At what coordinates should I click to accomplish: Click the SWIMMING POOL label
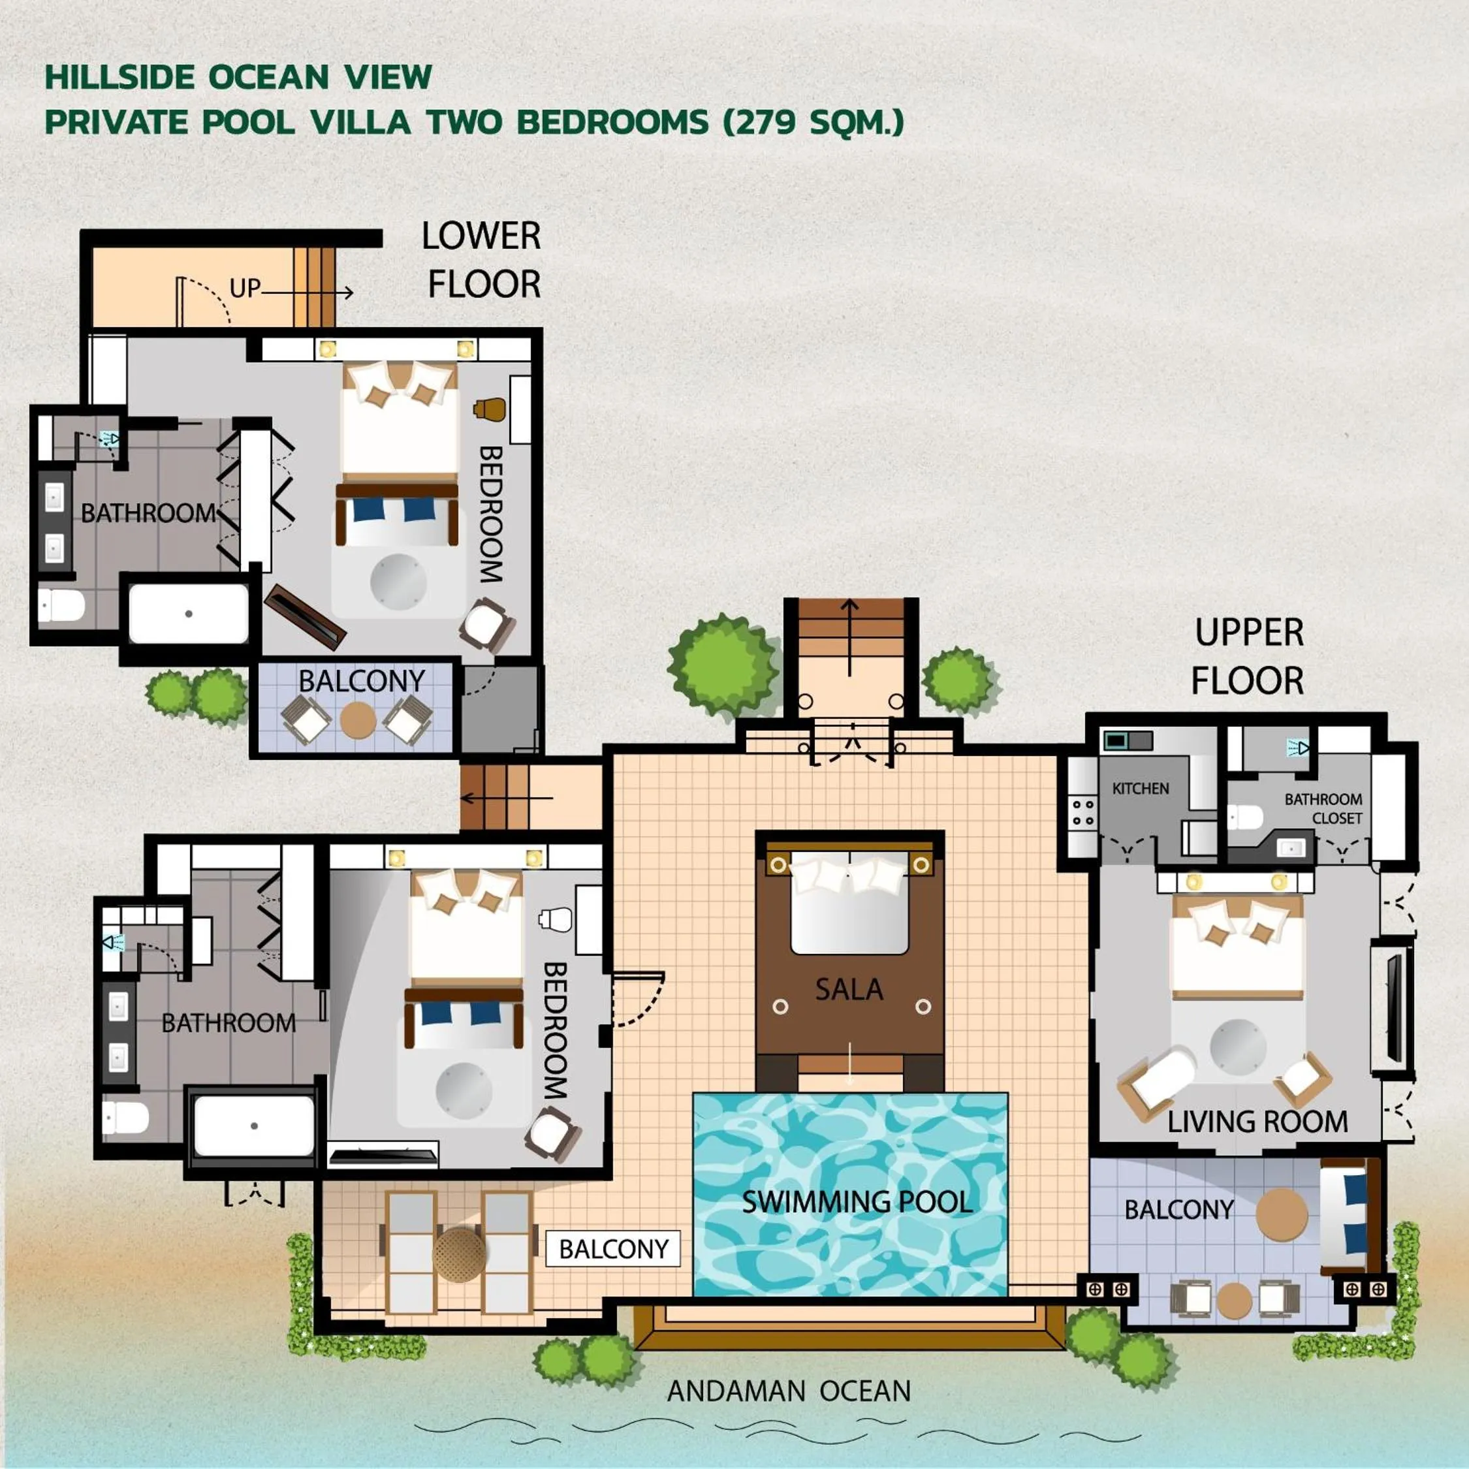point(856,1202)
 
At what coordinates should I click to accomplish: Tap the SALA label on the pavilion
point(849,989)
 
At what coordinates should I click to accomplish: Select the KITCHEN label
point(1140,789)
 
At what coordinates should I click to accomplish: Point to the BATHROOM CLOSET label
point(1323,808)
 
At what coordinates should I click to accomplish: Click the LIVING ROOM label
point(1257,1122)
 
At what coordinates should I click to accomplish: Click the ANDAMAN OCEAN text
point(789,1391)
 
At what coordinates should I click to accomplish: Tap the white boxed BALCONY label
point(613,1248)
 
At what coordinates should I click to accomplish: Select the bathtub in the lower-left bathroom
point(253,1126)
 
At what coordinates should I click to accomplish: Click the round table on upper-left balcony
point(358,719)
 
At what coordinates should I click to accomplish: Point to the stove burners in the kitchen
point(1082,812)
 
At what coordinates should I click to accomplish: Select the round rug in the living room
point(1238,1047)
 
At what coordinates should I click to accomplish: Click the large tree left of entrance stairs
point(721,665)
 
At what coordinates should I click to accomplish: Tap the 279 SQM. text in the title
point(812,121)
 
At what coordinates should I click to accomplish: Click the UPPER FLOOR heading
point(1248,656)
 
